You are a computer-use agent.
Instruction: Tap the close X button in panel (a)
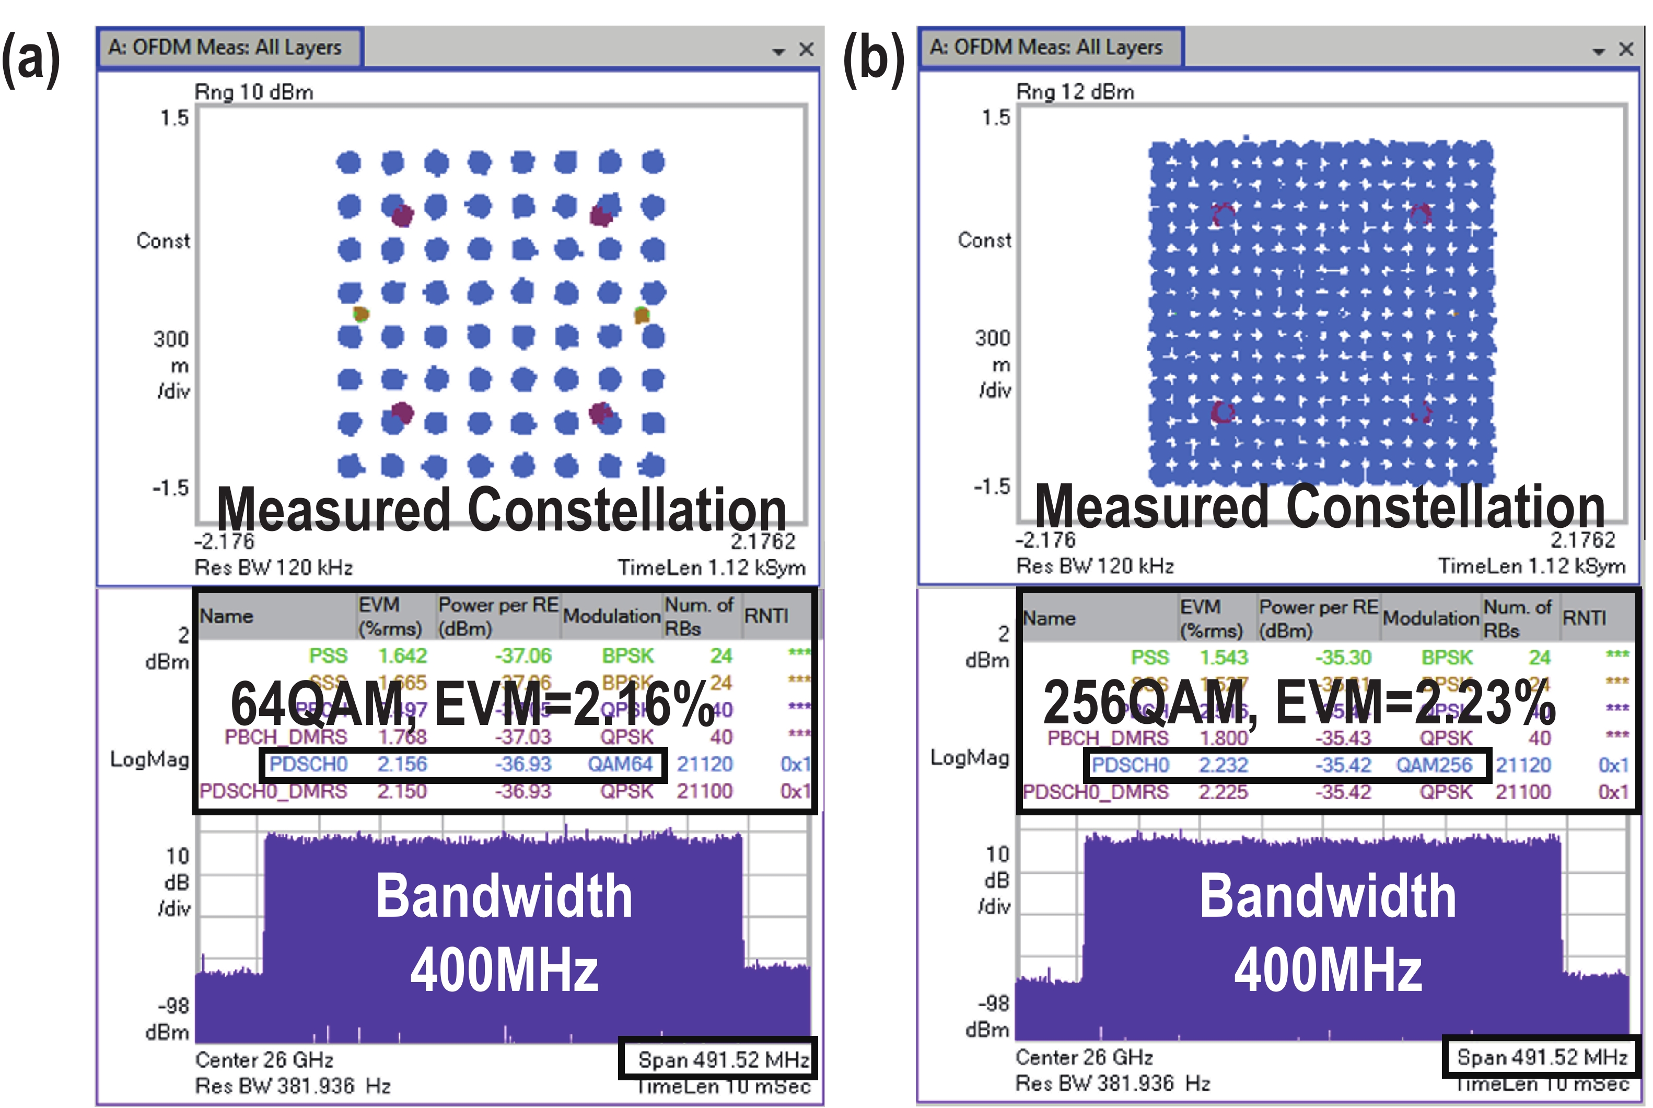pos(806,50)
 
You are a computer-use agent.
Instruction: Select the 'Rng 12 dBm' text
pos(1075,92)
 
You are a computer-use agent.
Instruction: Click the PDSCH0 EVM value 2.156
pos(402,764)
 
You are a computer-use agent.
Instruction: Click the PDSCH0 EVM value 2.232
pos(1223,765)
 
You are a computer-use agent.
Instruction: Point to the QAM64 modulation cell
pos(620,764)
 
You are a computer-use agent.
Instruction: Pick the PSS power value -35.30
pos(1342,658)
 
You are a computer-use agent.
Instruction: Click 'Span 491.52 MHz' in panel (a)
pos(723,1059)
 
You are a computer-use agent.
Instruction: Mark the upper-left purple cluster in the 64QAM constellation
pos(402,215)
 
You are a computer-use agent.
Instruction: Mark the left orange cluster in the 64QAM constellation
pos(361,314)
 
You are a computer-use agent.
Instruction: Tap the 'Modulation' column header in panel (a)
pos(611,616)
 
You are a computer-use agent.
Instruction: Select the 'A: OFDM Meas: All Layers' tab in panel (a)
pos(225,48)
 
